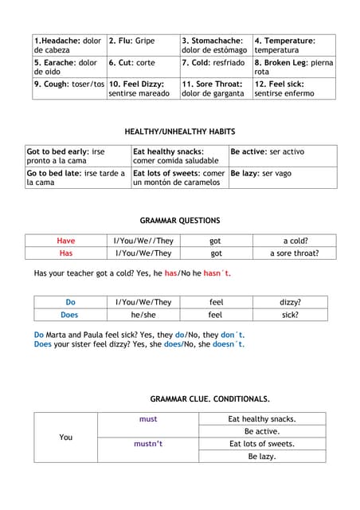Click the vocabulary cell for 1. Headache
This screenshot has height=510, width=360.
68,45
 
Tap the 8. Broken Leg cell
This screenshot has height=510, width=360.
294,66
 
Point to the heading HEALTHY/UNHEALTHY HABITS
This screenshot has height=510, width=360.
180,131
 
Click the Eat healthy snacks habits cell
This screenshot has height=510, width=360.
179,155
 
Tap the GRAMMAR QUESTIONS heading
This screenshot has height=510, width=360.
180,220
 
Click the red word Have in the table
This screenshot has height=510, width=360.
66,241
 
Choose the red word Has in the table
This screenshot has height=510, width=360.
66,253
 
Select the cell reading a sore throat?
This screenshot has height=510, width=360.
295,253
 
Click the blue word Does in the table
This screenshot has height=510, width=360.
69,315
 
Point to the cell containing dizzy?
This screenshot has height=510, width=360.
290,302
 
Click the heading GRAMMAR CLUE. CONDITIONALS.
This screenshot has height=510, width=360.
209,398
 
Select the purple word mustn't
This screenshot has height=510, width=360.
148,444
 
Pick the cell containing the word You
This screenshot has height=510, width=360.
66,437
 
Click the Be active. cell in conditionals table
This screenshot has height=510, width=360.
262,431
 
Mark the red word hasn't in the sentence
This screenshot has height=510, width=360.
217,273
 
